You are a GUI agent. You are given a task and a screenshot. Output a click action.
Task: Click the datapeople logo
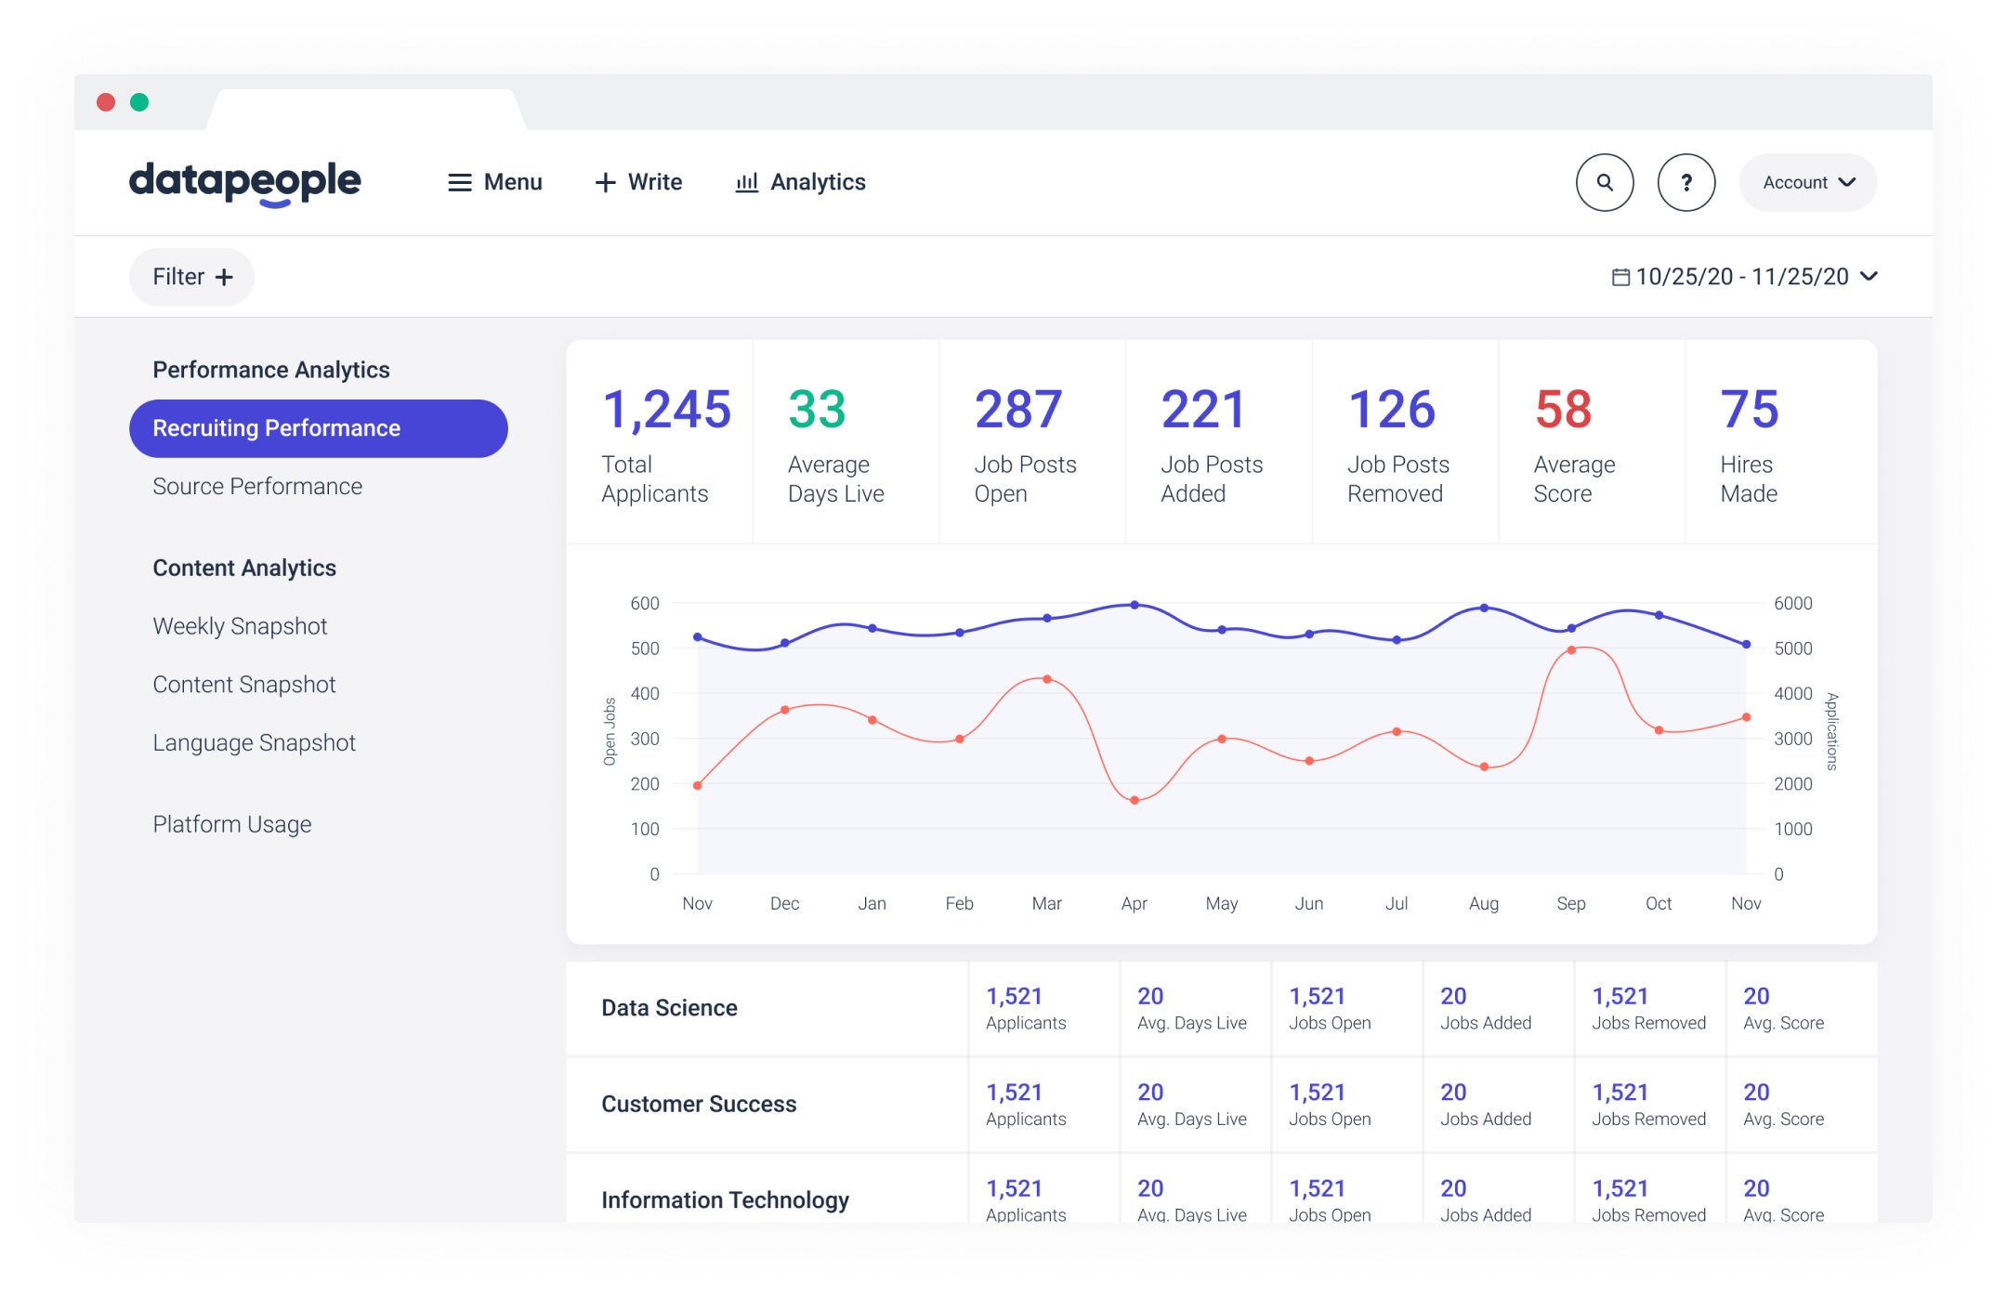click(x=244, y=182)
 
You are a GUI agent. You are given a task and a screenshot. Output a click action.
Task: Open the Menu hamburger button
click(x=494, y=182)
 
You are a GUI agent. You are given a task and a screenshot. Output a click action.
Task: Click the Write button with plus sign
click(x=638, y=182)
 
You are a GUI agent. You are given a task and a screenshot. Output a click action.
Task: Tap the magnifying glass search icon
click(x=1605, y=182)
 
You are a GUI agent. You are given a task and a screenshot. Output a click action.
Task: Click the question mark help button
click(x=1686, y=182)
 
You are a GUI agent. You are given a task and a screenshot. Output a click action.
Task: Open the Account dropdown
click(x=1807, y=182)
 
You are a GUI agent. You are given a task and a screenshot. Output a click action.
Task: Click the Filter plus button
click(x=192, y=277)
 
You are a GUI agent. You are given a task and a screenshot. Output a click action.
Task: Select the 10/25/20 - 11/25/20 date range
click(x=1743, y=277)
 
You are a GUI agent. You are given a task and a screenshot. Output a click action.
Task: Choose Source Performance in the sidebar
click(x=257, y=486)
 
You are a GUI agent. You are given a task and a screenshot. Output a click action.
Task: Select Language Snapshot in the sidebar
click(x=254, y=742)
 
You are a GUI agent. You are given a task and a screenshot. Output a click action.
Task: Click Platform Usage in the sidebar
click(x=231, y=824)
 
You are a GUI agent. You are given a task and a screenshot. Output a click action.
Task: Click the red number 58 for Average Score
click(x=1563, y=410)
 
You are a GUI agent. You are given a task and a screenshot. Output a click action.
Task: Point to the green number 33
click(x=817, y=410)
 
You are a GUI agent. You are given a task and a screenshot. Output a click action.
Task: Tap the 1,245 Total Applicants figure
click(x=666, y=410)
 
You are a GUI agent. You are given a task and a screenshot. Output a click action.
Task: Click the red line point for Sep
click(x=1571, y=650)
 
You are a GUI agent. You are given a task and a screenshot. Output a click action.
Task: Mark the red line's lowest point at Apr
click(x=1135, y=800)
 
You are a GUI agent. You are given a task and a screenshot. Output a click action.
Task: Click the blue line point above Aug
click(x=1484, y=608)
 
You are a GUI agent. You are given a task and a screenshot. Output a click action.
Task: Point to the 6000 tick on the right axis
click(x=1792, y=603)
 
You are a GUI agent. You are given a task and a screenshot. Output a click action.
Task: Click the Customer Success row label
click(x=699, y=1104)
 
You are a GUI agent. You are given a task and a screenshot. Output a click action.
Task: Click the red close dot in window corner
click(x=106, y=102)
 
